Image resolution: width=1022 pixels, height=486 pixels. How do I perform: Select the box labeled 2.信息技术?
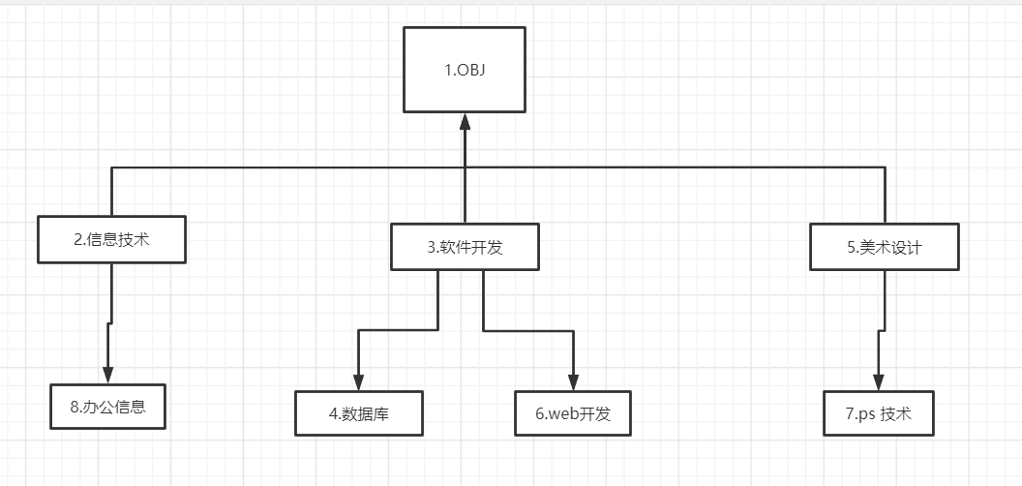111,239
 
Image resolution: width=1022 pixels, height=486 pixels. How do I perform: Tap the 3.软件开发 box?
465,247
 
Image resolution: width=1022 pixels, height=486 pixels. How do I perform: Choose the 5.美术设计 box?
885,247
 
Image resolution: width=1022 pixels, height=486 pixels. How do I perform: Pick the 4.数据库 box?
358,414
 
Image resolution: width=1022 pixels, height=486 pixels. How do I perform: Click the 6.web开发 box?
573,414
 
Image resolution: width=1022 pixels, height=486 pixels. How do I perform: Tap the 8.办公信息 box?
108,407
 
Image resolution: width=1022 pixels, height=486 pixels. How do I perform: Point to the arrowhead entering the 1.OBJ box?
465,121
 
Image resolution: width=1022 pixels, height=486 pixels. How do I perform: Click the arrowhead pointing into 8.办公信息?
108,375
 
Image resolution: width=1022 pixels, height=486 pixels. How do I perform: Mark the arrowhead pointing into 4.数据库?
358,382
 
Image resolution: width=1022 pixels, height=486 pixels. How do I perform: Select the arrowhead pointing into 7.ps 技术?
879,382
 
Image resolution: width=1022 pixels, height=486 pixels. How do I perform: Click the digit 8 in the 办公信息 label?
75,407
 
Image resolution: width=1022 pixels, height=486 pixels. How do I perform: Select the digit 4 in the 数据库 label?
332,414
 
